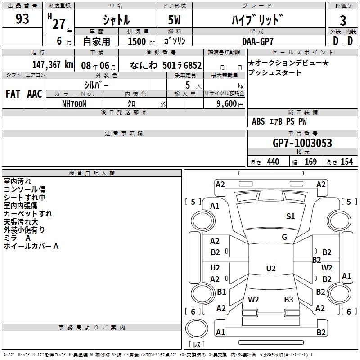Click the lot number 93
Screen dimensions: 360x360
tap(22, 19)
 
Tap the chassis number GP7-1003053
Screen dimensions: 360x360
tap(302, 143)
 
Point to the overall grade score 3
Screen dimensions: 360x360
tap(343, 20)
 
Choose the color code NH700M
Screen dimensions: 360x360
tap(74, 103)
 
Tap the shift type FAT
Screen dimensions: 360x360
tap(13, 94)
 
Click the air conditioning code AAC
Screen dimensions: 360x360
tap(35, 94)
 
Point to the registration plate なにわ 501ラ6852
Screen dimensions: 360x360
tap(166, 65)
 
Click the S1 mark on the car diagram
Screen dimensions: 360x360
tap(291, 216)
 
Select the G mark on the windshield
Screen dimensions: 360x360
tap(284, 237)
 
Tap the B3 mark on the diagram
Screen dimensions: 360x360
tap(288, 299)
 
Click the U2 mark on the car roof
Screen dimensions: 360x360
tap(270, 269)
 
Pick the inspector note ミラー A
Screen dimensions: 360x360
tap(17, 238)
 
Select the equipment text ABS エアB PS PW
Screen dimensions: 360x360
tap(280, 121)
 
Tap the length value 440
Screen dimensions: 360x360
tap(273, 162)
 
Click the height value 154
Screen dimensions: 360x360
tap(346, 162)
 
